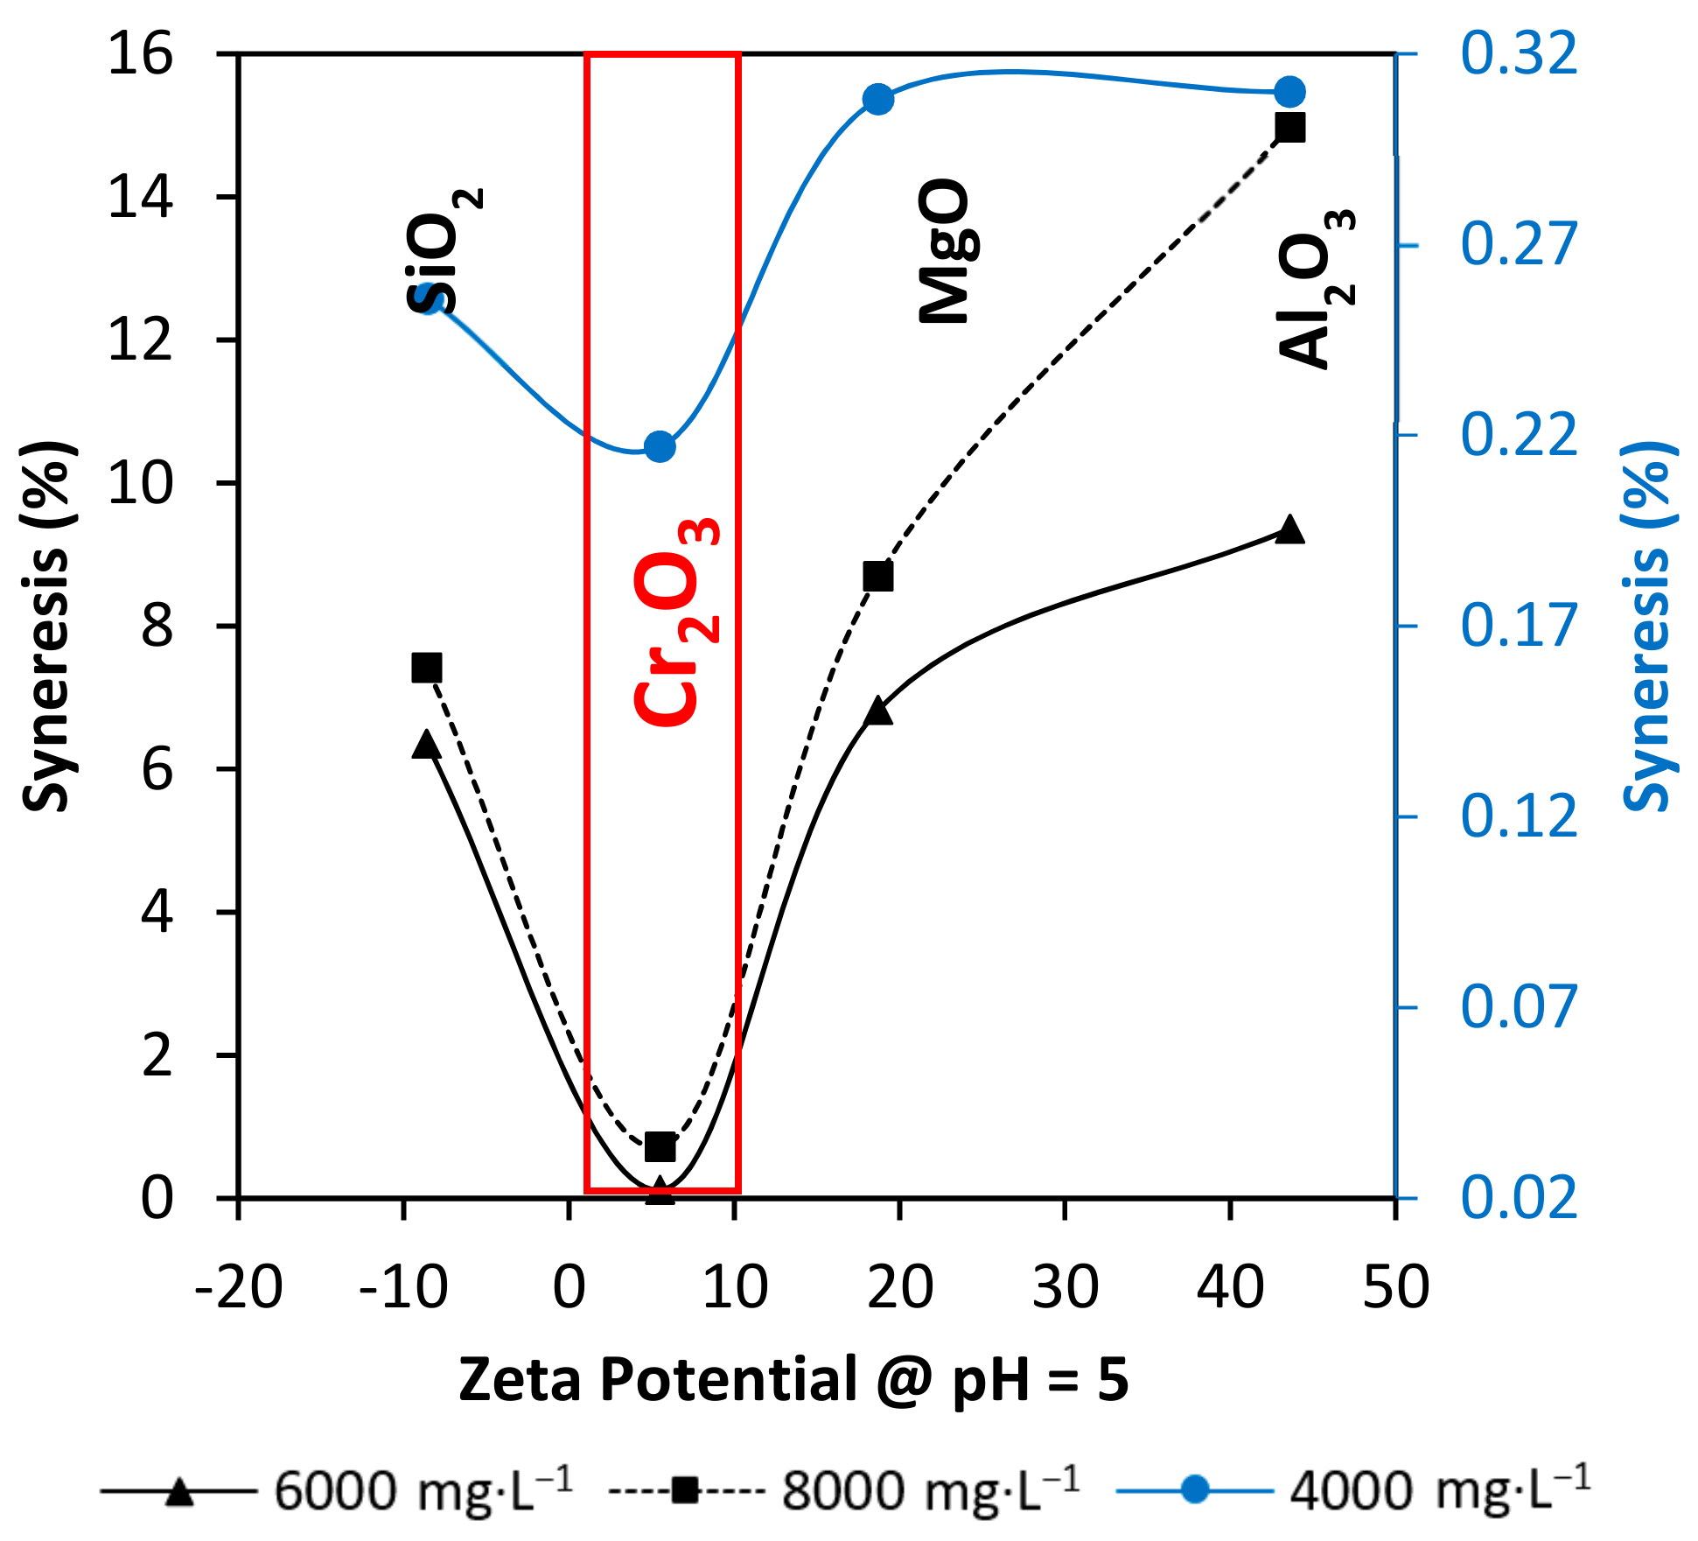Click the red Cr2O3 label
(x=675, y=622)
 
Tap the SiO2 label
(x=444, y=251)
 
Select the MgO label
(x=945, y=252)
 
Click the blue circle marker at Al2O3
(x=1289, y=92)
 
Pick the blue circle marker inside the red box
(x=660, y=447)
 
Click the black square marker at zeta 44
(x=1290, y=128)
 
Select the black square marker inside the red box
(x=660, y=1145)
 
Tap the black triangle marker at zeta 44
(x=1289, y=530)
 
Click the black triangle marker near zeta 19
(x=877, y=711)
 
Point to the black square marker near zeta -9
(x=426, y=669)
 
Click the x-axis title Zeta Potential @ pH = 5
(x=793, y=1381)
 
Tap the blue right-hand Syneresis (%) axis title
(x=1648, y=627)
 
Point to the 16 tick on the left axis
(x=140, y=54)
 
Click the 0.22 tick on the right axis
(x=1519, y=435)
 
